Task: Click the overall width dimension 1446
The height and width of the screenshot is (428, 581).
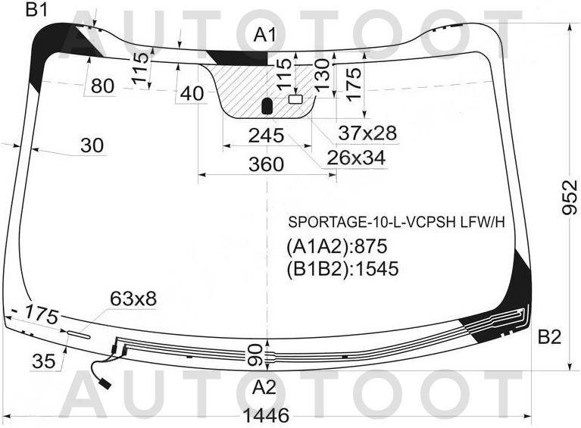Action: click(x=267, y=415)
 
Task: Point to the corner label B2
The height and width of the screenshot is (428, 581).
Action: click(x=549, y=337)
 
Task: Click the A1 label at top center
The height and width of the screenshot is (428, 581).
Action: click(x=265, y=36)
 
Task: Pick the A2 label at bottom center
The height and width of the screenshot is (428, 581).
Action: click(x=264, y=388)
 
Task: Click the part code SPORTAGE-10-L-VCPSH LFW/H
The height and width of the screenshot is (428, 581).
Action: click(x=397, y=222)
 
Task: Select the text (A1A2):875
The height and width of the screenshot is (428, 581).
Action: click(x=337, y=246)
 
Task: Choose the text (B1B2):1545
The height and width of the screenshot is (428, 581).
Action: click(x=342, y=269)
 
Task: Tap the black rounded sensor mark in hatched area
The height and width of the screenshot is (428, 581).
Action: click(x=267, y=106)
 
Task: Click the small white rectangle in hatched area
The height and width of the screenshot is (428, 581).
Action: click(x=295, y=99)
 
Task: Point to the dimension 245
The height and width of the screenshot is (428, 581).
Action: click(x=266, y=136)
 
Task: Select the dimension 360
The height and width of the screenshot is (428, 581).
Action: click(x=266, y=164)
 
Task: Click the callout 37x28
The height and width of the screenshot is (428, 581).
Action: click(x=367, y=133)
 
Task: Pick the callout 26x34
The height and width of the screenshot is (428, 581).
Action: click(x=356, y=158)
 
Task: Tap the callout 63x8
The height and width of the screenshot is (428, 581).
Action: click(x=133, y=298)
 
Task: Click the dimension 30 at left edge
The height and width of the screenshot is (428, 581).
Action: click(x=92, y=145)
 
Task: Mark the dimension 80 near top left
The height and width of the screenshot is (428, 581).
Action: click(x=102, y=86)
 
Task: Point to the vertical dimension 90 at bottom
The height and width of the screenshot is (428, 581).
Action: click(x=255, y=355)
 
